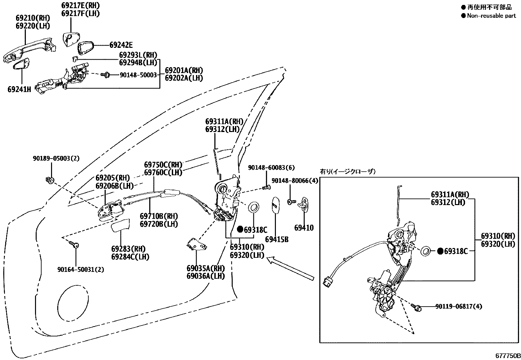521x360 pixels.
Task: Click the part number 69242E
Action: tap(121, 45)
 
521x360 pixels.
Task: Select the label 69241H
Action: tap(19, 89)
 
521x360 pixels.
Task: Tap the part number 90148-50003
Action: tap(138, 75)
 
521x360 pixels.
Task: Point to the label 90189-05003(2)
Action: tap(56, 159)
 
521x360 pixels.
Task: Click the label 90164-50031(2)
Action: tap(81, 270)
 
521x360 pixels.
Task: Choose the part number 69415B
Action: tap(277, 239)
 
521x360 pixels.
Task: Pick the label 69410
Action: tap(304, 228)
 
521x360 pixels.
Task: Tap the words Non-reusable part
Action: tap(491, 15)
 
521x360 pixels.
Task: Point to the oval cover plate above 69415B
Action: tap(276, 205)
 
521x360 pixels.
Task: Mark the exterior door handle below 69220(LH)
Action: tap(29, 49)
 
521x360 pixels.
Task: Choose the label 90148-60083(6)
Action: tap(271, 168)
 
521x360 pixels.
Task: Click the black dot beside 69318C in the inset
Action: tap(440, 251)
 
